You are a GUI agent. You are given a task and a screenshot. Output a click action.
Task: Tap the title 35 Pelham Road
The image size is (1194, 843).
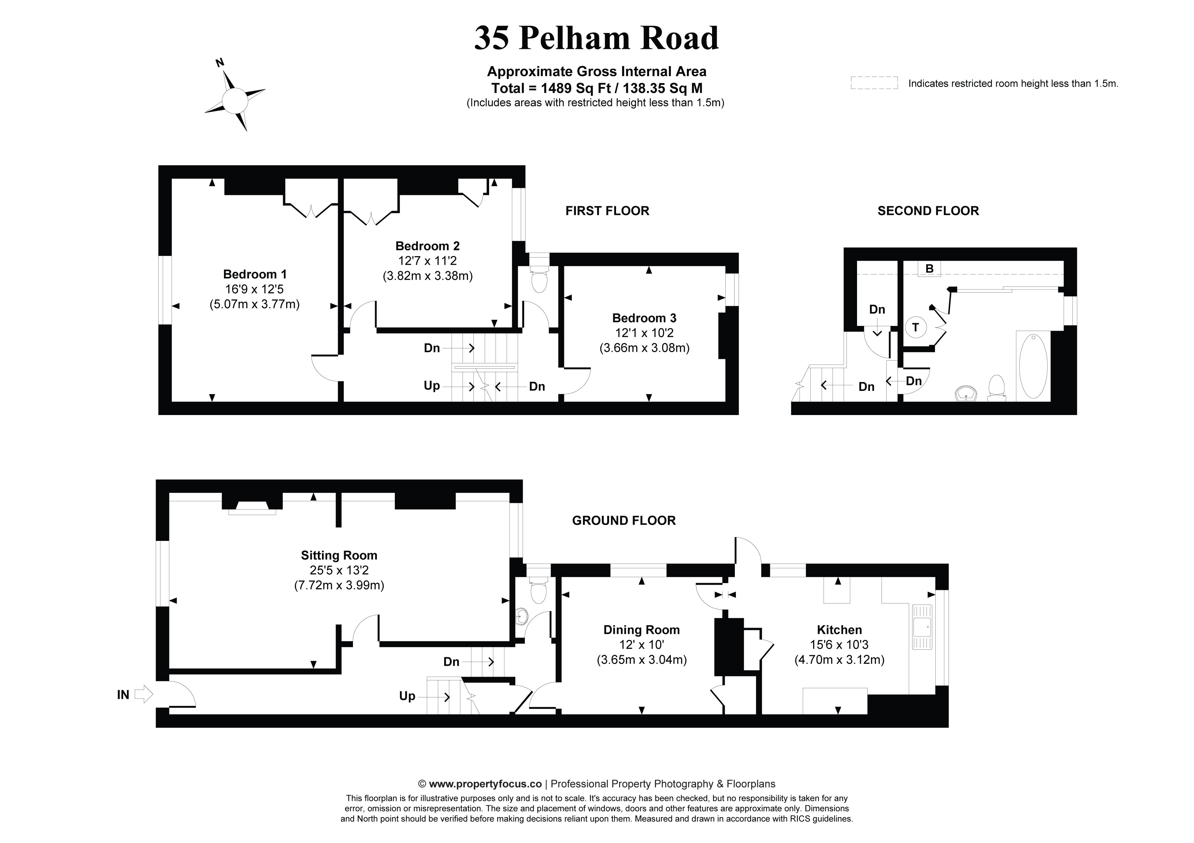click(596, 38)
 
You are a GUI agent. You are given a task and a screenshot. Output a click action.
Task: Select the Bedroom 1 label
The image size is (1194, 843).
click(255, 274)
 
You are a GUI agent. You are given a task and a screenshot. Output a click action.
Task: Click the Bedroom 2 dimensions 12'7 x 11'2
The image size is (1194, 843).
click(427, 261)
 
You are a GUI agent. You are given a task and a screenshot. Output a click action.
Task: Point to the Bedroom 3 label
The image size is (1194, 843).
click(644, 318)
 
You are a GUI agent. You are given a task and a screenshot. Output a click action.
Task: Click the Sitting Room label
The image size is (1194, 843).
click(339, 555)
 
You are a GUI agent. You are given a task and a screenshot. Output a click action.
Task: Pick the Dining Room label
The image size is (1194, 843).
click(641, 630)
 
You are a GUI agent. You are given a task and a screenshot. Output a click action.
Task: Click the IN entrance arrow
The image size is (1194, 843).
click(143, 694)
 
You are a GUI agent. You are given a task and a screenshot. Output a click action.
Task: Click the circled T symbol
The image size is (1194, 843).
click(916, 327)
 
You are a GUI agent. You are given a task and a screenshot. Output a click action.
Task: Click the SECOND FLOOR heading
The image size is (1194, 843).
click(928, 211)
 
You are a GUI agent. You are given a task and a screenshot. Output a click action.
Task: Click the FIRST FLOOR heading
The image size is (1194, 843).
click(607, 211)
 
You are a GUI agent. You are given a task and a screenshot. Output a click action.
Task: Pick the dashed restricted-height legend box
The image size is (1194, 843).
click(874, 83)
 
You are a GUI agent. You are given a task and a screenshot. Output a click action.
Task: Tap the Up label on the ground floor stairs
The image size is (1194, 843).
click(407, 696)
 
